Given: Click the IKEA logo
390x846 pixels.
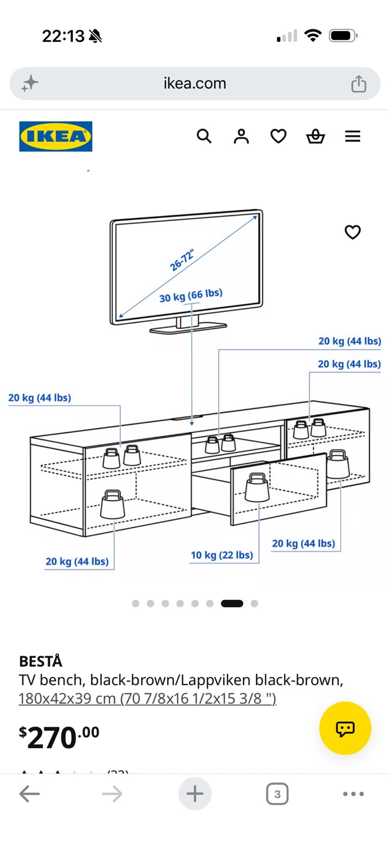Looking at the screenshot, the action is pyautogui.click(x=56, y=136).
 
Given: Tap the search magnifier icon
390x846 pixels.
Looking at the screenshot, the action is pyautogui.click(x=204, y=136).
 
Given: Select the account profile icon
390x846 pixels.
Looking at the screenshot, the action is pyautogui.click(x=241, y=136).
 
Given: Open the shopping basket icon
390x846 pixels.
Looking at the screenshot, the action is pyautogui.click(x=315, y=136).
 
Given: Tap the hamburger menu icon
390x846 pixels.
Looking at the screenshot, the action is pyautogui.click(x=352, y=136).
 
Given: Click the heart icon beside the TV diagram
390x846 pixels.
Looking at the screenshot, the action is pyautogui.click(x=352, y=232).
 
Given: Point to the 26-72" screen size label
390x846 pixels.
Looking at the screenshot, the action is pyautogui.click(x=182, y=260).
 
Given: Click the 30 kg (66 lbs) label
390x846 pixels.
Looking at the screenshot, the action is pyautogui.click(x=191, y=296).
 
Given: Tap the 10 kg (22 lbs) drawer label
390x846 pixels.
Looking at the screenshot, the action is pyautogui.click(x=222, y=555).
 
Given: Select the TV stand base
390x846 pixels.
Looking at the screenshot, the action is pyautogui.click(x=188, y=328).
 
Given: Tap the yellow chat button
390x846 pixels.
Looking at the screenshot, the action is pyautogui.click(x=345, y=728).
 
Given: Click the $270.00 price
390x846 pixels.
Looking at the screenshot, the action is pyautogui.click(x=59, y=737).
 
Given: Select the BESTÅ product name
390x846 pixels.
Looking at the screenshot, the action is pyautogui.click(x=41, y=661).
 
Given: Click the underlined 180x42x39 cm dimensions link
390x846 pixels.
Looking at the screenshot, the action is pyautogui.click(x=147, y=699).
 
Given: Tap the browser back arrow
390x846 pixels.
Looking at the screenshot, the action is pyautogui.click(x=29, y=794).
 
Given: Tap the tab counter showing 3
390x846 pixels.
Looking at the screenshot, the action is pyautogui.click(x=277, y=794).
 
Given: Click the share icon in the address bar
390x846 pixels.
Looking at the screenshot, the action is pyautogui.click(x=359, y=83).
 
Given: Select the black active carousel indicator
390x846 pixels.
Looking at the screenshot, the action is pyautogui.click(x=232, y=603).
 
